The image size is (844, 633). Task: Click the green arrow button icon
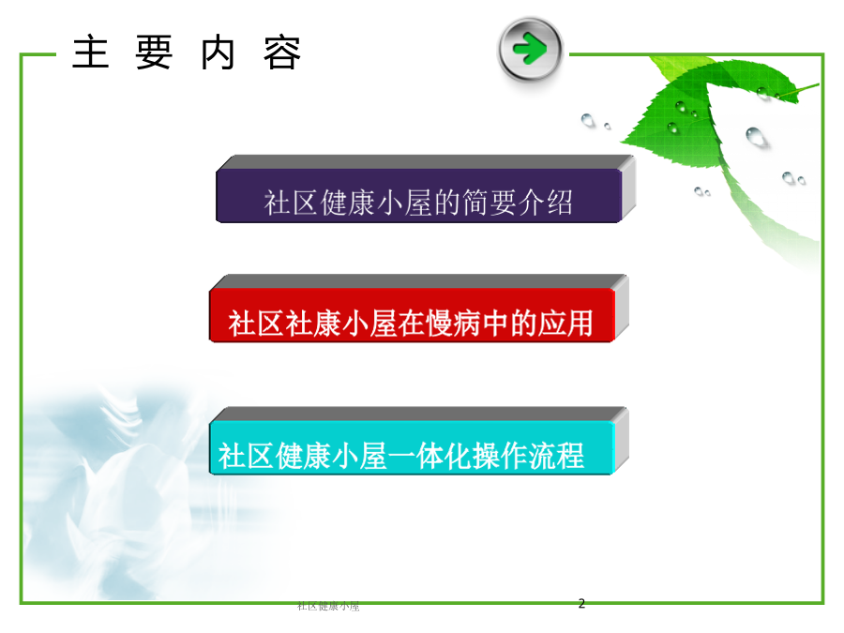(530, 50)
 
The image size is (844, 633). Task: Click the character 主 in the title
(91, 53)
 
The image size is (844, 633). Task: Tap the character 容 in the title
(282, 53)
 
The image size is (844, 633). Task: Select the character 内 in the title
(218, 53)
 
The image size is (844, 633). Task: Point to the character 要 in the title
(154, 53)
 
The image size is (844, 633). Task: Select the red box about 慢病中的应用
(412, 315)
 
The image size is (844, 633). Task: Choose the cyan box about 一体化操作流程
(412, 448)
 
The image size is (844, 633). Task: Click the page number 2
(581, 603)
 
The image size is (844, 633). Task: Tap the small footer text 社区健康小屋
(328, 607)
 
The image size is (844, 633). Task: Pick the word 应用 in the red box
(565, 324)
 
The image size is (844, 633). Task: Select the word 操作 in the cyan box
(500, 456)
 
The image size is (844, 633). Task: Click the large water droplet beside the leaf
(756, 137)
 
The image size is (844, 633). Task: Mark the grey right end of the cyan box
(622, 441)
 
